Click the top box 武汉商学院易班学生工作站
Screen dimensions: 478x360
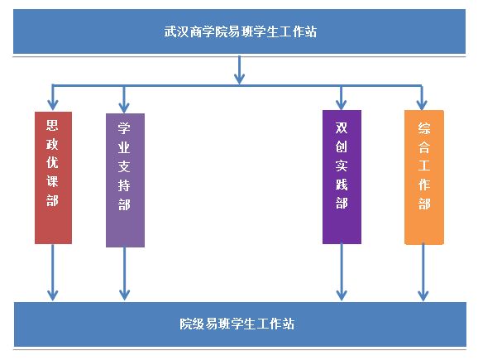pyautogui.click(x=239, y=31)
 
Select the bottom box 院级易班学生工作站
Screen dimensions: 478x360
pyautogui.click(x=240, y=324)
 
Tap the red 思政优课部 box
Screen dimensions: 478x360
pyautogui.click(x=54, y=178)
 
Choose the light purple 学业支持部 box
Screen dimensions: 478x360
pyautogui.click(x=126, y=180)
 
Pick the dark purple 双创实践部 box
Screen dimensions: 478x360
pyautogui.click(x=342, y=177)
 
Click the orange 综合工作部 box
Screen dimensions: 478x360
pyautogui.click(x=424, y=177)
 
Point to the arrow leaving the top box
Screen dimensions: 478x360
pyautogui.click(x=239, y=70)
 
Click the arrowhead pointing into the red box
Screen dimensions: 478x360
pyautogui.click(x=53, y=104)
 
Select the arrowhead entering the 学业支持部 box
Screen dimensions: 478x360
pyautogui.click(x=124, y=108)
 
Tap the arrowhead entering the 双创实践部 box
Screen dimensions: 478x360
pyautogui.click(x=341, y=104)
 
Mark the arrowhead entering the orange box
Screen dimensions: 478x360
pyautogui.click(x=422, y=104)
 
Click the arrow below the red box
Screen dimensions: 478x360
pyautogui.click(x=53, y=272)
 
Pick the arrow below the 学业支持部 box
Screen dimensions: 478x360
pyautogui.click(x=124, y=273)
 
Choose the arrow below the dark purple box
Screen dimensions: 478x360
pyautogui.click(x=342, y=271)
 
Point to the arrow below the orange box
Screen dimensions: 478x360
pyautogui.click(x=423, y=272)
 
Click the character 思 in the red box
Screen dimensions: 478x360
pyautogui.click(x=52, y=125)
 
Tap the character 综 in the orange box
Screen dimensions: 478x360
pyautogui.click(x=424, y=128)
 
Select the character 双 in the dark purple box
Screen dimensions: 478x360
pyautogui.click(x=342, y=128)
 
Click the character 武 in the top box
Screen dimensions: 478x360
pyautogui.click(x=170, y=31)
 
